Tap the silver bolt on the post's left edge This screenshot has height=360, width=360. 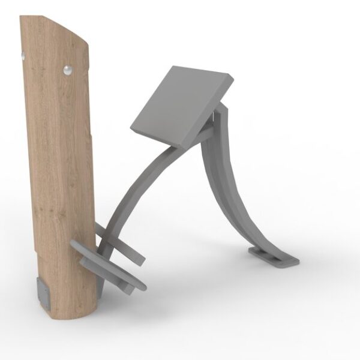coord(23,55)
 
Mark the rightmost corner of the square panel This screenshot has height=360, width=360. coord(232,76)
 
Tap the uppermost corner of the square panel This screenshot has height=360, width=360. coord(175,66)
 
